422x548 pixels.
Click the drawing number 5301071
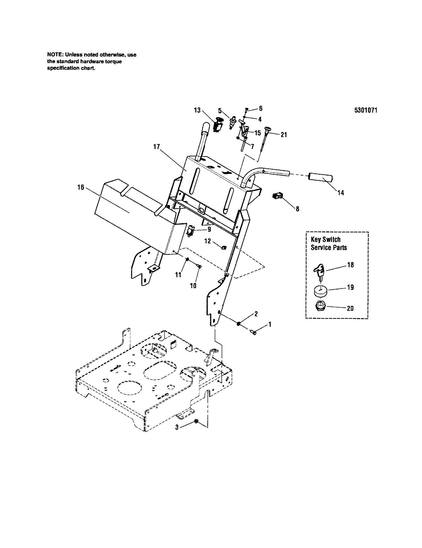(x=366, y=110)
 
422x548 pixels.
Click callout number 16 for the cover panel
(x=81, y=187)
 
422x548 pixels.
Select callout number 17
(x=157, y=147)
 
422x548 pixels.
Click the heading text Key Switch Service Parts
(x=328, y=243)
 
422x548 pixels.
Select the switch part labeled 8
(x=277, y=196)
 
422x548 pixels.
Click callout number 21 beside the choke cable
(x=283, y=135)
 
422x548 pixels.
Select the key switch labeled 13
(x=217, y=125)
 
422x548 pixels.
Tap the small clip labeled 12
(x=222, y=248)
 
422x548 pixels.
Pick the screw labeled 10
(x=200, y=267)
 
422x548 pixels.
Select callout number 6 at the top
(x=261, y=108)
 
